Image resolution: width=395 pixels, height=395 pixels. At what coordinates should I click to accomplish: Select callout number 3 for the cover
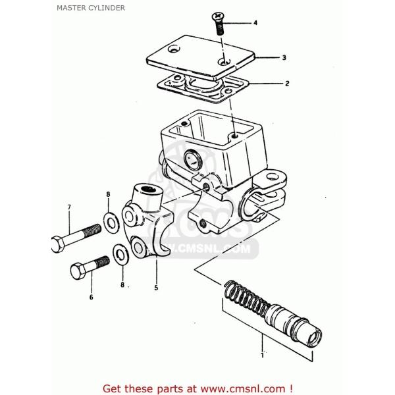tap(284, 58)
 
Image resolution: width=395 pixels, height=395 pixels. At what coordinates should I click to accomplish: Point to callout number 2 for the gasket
tap(287, 84)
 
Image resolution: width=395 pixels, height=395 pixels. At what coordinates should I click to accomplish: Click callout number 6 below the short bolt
tap(92, 297)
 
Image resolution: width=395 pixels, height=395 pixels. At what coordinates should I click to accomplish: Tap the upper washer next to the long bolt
tap(109, 219)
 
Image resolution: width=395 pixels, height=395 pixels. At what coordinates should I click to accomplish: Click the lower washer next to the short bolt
tap(120, 254)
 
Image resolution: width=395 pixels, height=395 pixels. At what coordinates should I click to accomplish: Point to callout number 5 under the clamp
tap(155, 287)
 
